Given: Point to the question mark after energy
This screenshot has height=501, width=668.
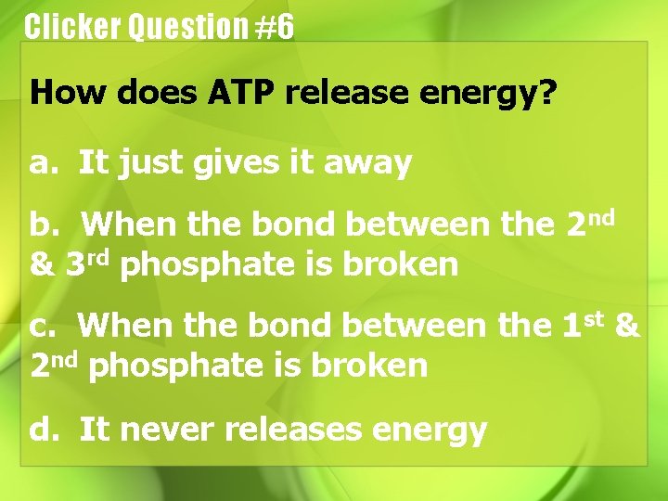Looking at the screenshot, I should [x=548, y=93].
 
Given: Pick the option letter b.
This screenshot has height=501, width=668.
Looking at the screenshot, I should [x=41, y=225].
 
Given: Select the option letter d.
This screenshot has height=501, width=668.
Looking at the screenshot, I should [x=41, y=429].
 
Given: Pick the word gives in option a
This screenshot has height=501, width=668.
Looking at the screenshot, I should [x=227, y=164].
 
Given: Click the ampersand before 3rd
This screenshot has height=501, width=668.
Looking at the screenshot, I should [x=43, y=265].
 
